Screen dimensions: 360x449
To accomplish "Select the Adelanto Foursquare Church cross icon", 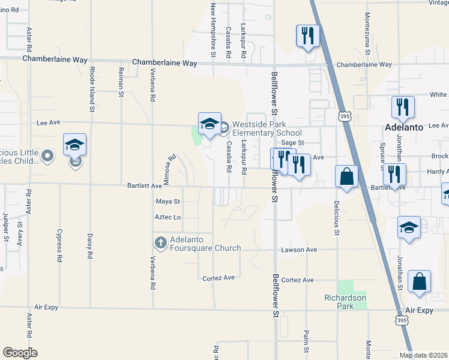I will coord(160,243).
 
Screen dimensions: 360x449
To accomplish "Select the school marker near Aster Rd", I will coord(75,145).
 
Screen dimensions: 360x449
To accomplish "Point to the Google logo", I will coord(20,353).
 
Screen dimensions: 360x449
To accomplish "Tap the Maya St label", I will coord(168,202).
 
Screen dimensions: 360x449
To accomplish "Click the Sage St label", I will coord(294,143).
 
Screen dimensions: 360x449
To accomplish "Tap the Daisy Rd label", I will coord(90,246).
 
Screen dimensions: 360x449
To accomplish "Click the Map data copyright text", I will coord(423,355).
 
